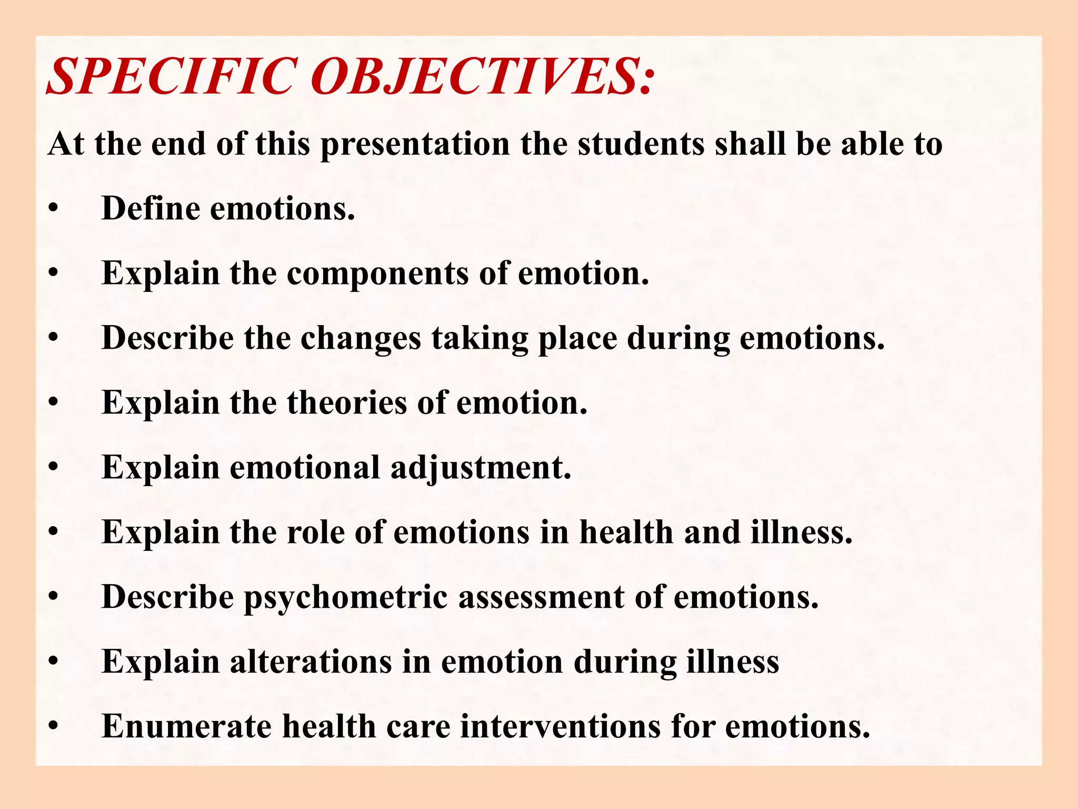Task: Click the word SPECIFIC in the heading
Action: click(171, 77)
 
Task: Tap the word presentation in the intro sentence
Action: click(415, 144)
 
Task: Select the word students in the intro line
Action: click(641, 143)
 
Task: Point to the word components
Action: click(377, 274)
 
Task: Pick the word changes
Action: click(361, 339)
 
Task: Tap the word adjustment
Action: click(481, 468)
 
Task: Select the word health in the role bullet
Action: click(626, 532)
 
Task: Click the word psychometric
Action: click(345, 598)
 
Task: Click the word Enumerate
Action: click(186, 726)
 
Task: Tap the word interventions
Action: click(560, 726)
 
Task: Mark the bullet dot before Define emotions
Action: click(53, 209)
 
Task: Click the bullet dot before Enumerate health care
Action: click(53, 727)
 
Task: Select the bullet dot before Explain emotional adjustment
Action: click(53, 468)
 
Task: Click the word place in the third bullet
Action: click(577, 339)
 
